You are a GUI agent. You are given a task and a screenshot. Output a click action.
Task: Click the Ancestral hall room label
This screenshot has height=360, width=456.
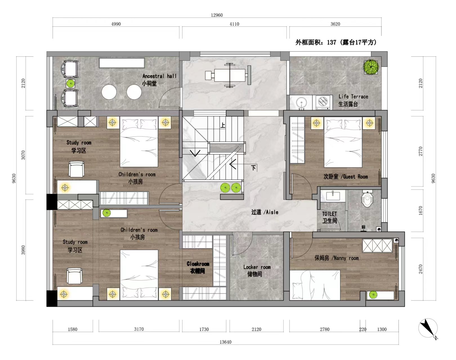click(159, 80)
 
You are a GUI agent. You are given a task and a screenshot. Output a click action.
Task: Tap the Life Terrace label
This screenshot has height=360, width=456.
click(353, 100)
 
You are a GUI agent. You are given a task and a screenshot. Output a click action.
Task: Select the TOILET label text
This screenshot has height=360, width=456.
click(329, 217)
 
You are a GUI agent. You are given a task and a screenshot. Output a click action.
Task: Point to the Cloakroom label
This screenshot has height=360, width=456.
click(198, 267)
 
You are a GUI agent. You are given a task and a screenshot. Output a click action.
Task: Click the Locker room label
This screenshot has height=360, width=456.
click(257, 270)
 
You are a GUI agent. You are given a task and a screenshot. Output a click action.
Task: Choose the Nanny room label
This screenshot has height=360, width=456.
click(336, 258)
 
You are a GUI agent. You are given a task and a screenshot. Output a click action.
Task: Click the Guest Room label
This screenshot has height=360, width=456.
click(346, 177)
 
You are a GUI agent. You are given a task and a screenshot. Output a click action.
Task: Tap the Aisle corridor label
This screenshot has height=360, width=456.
click(265, 212)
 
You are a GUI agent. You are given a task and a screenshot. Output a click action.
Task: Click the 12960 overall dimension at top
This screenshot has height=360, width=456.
click(217, 15)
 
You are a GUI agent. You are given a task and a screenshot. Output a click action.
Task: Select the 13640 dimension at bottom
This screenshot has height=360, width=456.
click(225, 342)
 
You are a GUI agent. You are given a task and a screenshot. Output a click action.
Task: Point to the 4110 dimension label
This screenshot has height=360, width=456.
click(234, 24)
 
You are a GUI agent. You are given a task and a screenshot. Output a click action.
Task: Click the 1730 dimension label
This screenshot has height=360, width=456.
click(204, 329)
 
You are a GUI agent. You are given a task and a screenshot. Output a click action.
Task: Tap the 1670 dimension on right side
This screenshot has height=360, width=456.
click(421, 211)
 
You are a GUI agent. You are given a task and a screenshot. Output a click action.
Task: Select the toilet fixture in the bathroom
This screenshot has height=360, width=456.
click(367, 199)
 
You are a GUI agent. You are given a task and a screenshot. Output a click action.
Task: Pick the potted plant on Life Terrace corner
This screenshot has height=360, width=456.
click(371, 67)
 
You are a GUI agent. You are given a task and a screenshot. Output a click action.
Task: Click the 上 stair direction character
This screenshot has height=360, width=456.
click(223, 125)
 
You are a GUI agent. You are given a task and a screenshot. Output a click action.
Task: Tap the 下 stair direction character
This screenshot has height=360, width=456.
click(253, 168)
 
